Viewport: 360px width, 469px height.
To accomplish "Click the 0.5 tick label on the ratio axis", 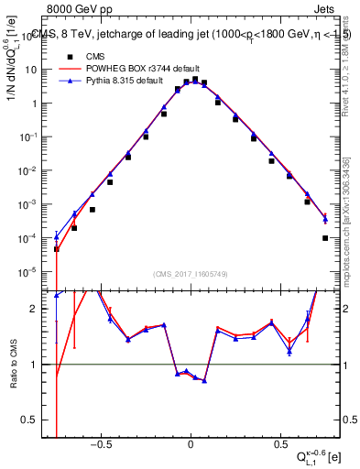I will pyautogui.click(x=35, y=420).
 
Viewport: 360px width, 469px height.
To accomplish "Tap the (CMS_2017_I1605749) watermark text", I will pyautogui.click(x=191, y=274).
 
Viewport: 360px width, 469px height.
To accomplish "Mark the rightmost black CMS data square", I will pyautogui.click(x=326, y=238).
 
